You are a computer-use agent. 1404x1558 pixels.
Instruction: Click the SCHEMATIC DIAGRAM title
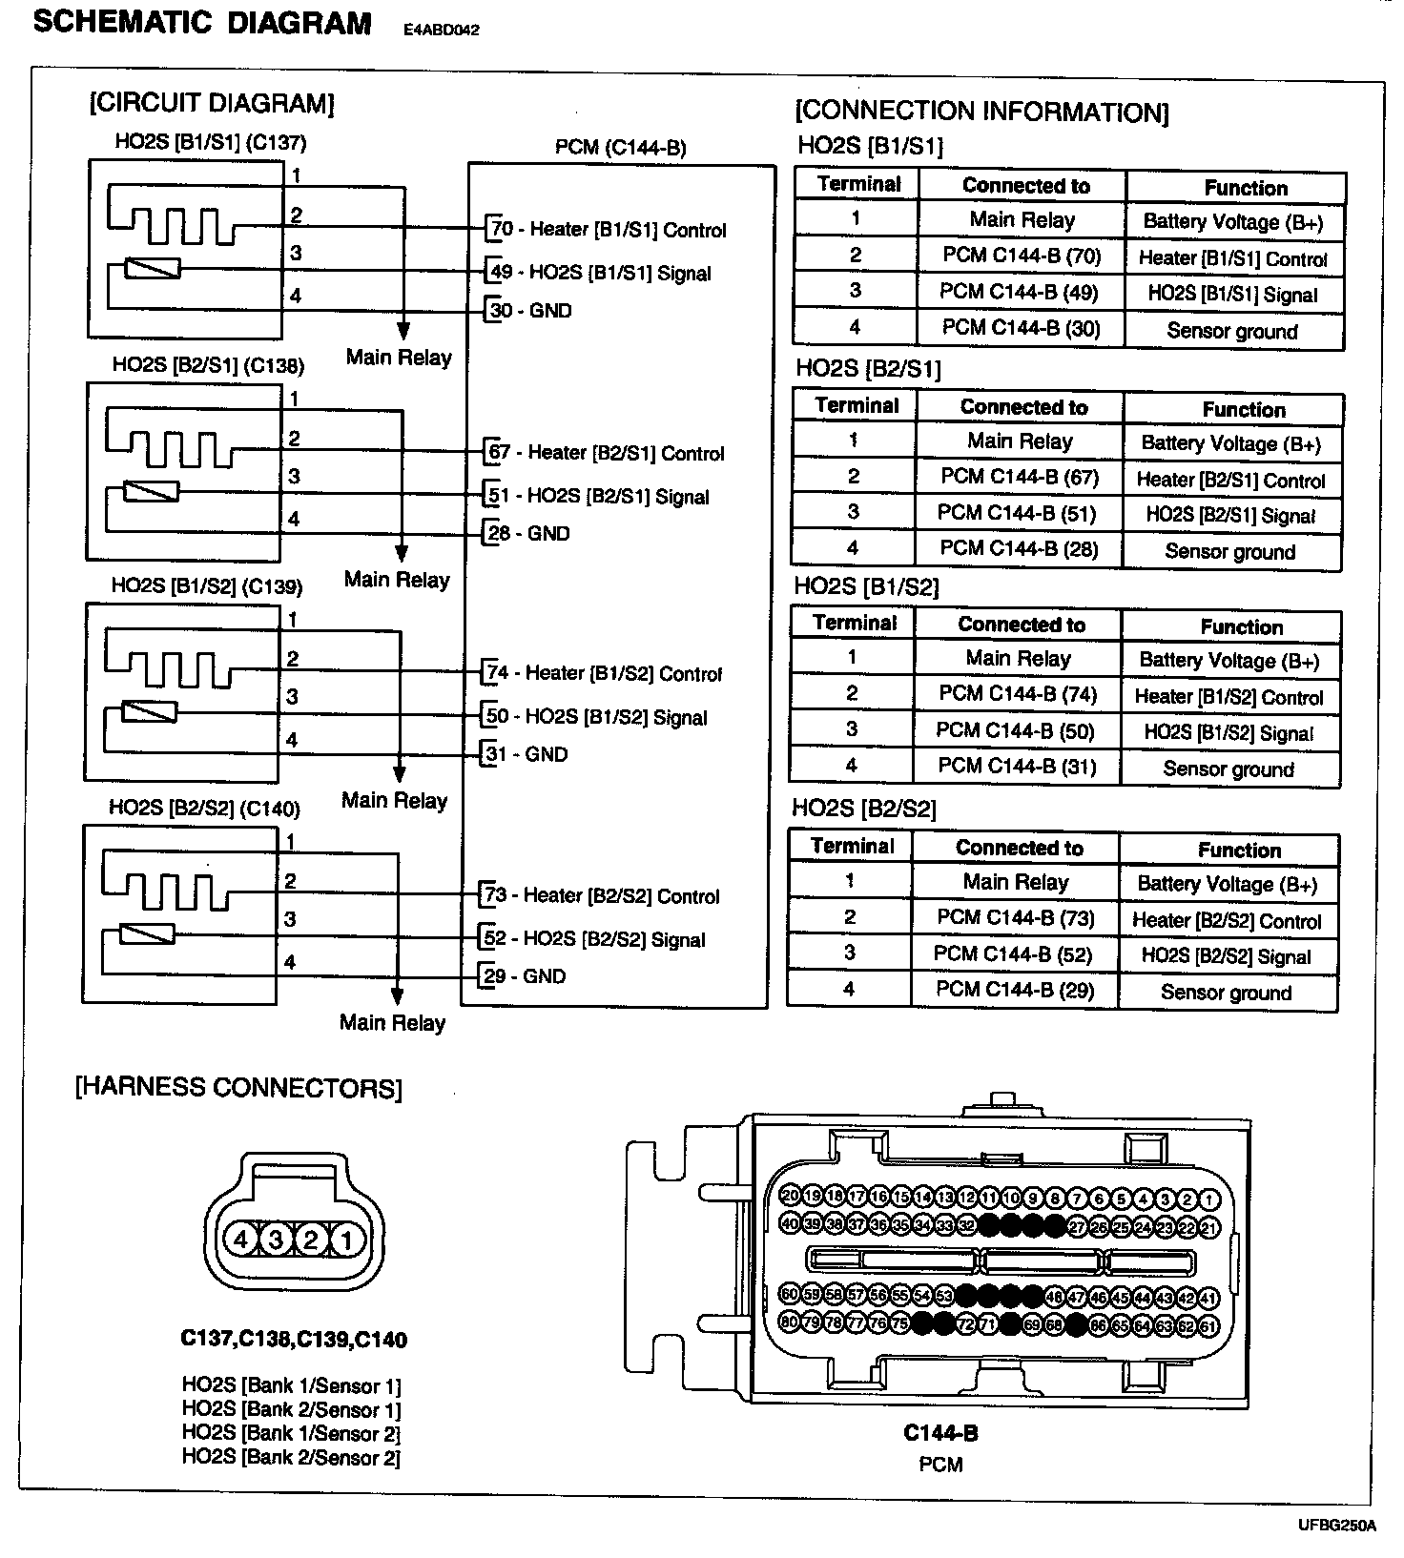[202, 23]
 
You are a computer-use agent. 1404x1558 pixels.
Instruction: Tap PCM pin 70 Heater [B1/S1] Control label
[608, 230]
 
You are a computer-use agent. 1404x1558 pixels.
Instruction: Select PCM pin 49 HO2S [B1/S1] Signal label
[600, 273]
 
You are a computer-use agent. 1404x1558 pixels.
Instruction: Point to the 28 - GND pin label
[529, 533]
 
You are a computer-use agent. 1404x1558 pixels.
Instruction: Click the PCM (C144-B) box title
[620, 148]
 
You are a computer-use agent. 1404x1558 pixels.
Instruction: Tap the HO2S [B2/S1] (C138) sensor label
[208, 365]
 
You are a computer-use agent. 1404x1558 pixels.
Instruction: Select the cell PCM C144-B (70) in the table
[1022, 256]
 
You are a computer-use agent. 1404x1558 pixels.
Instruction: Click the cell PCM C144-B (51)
[1017, 513]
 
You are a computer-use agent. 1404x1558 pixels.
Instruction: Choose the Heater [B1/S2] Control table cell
[1228, 697]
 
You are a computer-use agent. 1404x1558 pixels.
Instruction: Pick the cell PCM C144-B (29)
[1014, 990]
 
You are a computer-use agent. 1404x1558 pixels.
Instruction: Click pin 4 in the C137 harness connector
[241, 1240]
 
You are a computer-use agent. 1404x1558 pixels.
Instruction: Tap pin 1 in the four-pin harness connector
[346, 1240]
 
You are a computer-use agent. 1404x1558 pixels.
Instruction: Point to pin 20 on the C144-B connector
[790, 1197]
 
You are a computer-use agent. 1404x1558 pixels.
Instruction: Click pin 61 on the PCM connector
[1208, 1325]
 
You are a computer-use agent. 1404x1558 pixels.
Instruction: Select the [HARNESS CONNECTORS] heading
[238, 1088]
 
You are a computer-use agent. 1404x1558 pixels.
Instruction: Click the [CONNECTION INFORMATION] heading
[981, 113]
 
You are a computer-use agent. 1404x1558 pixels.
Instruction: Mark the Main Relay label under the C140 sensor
[393, 1023]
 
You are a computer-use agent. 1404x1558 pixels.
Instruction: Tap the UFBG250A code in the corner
[1336, 1526]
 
